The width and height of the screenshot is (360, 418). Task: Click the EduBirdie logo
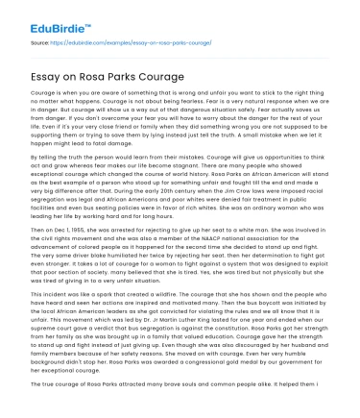[45, 16]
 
